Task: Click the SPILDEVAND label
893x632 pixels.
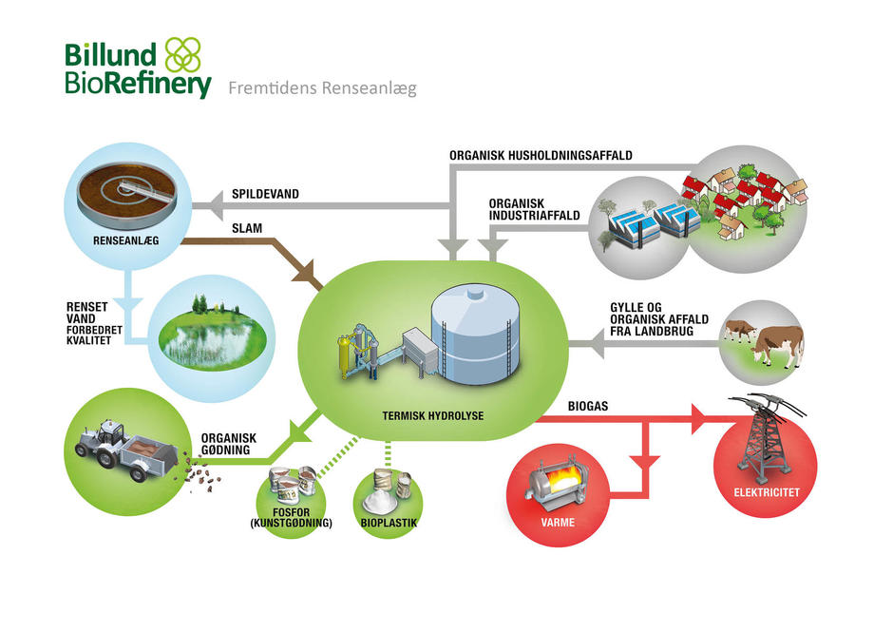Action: pos(265,194)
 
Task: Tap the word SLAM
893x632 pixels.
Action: pos(247,228)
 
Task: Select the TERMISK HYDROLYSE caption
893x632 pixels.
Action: pos(433,415)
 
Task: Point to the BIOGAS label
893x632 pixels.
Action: pos(588,406)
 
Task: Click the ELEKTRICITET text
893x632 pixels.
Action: pos(767,491)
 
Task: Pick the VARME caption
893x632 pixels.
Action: pos(558,522)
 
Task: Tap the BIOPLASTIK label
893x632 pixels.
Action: pos(389,523)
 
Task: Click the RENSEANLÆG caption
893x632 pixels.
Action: pos(125,240)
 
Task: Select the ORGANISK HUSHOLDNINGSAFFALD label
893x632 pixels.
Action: pos(541,155)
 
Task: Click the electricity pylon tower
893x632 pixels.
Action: pos(765,434)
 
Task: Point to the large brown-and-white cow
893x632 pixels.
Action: pos(777,344)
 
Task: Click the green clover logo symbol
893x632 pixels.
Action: pos(182,55)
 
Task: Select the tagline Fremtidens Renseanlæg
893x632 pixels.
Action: pos(322,88)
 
